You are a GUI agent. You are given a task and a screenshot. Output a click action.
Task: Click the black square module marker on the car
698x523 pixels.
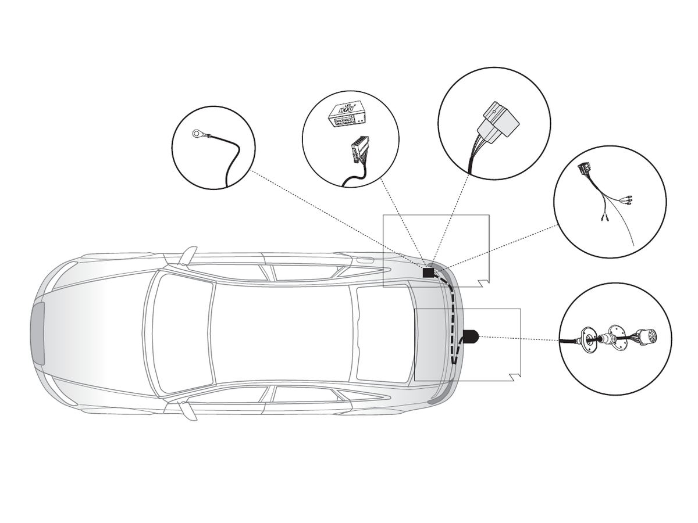(428, 272)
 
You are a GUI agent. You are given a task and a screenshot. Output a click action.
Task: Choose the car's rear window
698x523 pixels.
(384, 333)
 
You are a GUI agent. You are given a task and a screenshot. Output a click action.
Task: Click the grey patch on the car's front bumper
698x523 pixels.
(38, 333)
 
